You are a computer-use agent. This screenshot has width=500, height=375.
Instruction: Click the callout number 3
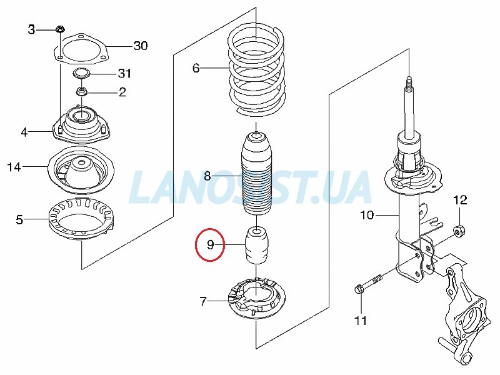click(31, 29)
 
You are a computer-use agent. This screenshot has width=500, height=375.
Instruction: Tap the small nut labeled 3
click(59, 29)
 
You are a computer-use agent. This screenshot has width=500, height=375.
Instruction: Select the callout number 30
click(141, 46)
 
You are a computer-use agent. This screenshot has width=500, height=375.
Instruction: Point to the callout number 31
click(124, 73)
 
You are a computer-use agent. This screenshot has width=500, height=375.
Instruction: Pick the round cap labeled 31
click(81, 74)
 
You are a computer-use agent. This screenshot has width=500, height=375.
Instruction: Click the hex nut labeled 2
click(81, 92)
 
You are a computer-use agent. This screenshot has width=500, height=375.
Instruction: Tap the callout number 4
click(24, 132)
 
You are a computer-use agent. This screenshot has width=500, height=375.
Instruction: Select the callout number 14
click(14, 167)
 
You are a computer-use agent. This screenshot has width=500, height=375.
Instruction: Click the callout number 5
click(19, 220)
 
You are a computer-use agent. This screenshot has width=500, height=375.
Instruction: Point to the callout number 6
click(196, 68)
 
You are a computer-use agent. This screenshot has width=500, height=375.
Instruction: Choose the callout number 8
click(207, 176)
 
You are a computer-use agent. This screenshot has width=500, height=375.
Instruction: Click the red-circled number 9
click(210, 245)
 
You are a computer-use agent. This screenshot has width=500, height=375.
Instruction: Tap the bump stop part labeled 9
click(257, 246)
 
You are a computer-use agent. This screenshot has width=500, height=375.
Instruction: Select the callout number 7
click(203, 301)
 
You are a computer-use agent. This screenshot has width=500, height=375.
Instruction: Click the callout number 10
click(367, 215)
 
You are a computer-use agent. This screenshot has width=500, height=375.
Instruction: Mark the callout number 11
click(361, 321)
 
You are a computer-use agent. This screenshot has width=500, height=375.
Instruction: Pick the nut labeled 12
click(459, 230)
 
